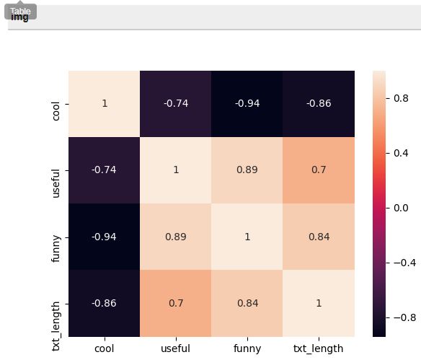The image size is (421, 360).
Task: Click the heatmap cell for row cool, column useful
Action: coord(176,104)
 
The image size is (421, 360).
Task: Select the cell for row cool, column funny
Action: coord(247,104)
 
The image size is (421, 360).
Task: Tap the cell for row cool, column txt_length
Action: coord(319,104)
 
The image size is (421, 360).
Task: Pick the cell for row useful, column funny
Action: coord(247,170)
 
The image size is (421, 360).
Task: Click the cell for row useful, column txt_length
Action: coord(319,170)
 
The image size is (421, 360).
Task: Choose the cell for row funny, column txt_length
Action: coord(319,237)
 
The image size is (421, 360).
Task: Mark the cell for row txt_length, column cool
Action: coord(105,303)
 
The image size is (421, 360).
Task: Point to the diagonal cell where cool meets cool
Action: coord(105,104)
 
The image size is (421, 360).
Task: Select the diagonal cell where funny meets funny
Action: coord(247,237)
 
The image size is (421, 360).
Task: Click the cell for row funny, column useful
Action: coord(176,237)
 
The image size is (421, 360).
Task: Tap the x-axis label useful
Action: coord(176,348)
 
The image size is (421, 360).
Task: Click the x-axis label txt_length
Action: coord(319,348)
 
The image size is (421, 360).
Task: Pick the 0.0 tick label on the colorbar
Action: coord(401,208)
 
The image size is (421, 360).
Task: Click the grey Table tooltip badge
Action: coord(20,12)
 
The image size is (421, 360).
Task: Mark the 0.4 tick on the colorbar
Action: coord(401,153)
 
